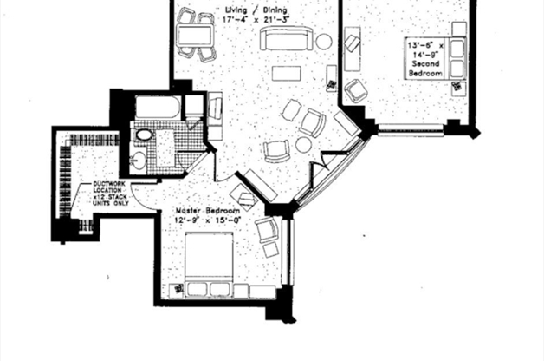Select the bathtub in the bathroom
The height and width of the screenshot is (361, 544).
coord(158,109)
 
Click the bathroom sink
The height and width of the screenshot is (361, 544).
coord(139,160)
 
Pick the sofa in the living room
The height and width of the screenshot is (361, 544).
coord(287,40)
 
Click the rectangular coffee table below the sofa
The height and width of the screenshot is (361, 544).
coord(286,73)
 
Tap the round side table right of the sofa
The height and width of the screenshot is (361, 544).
coord(323,41)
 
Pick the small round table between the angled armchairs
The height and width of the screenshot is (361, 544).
coord(303,145)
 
